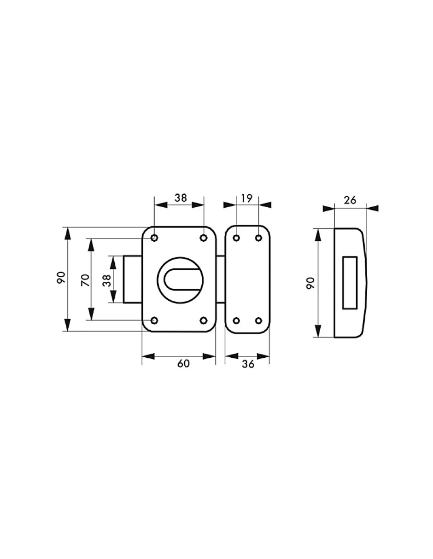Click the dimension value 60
(x=183, y=364)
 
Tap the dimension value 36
(x=248, y=364)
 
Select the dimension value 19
(x=247, y=198)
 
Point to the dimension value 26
(x=350, y=200)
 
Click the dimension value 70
(x=85, y=280)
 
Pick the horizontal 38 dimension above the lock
(x=181, y=198)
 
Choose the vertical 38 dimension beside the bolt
(x=106, y=280)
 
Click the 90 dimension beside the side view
(x=311, y=283)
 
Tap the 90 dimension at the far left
(x=61, y=278)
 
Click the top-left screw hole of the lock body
(x=154, y=238)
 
